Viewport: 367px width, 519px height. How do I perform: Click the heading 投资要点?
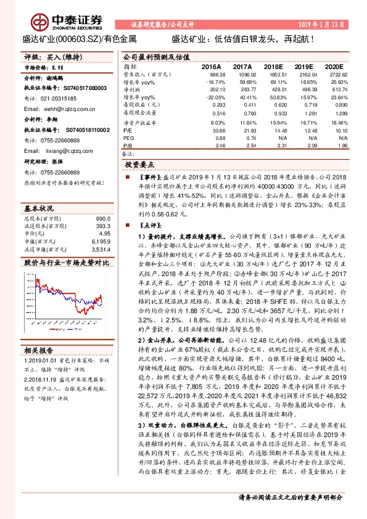click(x=139, y=165)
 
